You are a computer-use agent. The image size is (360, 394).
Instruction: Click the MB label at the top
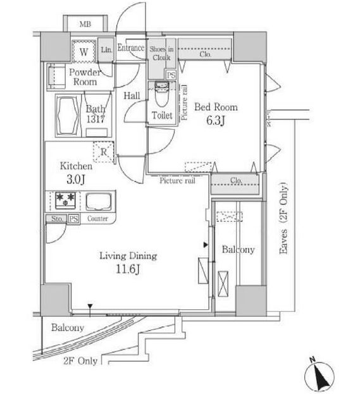tap(84, 25)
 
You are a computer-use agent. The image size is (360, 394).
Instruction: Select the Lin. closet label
tap(106, 49)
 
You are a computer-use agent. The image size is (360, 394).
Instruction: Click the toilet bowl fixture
tap(161, 96)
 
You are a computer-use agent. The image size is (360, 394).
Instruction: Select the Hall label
tap(131, 95)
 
